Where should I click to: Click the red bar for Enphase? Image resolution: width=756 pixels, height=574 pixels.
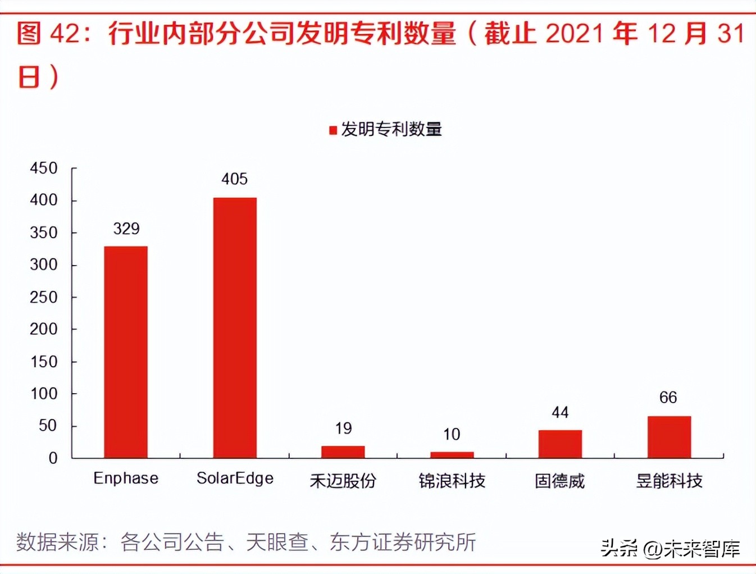pyautogui.click(x=126, y=352)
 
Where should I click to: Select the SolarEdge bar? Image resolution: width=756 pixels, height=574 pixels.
pyautogui.click(x=235, y=327)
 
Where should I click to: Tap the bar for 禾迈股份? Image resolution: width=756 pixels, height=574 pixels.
pyautogui.click(x=343, y=452)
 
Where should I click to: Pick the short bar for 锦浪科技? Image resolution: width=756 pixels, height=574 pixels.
pyautogui.click(x=452, y=455)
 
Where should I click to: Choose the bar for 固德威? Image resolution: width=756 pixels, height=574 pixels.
pyautogui.click(x=560, y=444)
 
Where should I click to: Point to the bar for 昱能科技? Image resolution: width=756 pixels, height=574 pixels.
pyautogui.click(x=669, y=437)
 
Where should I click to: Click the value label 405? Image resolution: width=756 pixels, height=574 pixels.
pyautogui.click(x=234, y=179)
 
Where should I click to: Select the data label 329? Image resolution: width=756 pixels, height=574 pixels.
pyautogui.click(x=126, y=229)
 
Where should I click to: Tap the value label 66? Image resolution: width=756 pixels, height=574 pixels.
pyautogui.click(x=668, y=398)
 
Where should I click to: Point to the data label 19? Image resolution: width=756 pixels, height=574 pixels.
pyautogui.click(x=343, y=429)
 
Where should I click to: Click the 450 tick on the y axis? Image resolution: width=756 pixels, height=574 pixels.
pyautogui.click(x=44, y=168)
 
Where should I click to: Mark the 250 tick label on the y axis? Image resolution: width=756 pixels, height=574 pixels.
pyautogui.click(x=44, y=297)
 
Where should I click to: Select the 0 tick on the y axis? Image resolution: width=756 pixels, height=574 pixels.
pyautogui.click(x=53, y=458)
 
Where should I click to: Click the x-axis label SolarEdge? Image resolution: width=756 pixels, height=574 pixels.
pyautogui.click(x=235, y=479)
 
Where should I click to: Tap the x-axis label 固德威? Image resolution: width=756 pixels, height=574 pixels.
pyautogui.click(x=560, y=481)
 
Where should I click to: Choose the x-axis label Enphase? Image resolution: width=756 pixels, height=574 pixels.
pyautogui.click(x=126, y=479)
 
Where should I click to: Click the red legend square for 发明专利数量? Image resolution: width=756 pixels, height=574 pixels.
pyautogui.click(x=333, y=130)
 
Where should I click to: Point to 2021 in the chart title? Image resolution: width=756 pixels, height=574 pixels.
pyautogui.click(x=573, y=34)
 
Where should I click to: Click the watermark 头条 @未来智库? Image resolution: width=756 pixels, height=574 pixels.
pyautogui.click(x=670, y=548)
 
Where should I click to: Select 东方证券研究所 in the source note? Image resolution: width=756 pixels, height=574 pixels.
pyautogui.click(x=403, y=542)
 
